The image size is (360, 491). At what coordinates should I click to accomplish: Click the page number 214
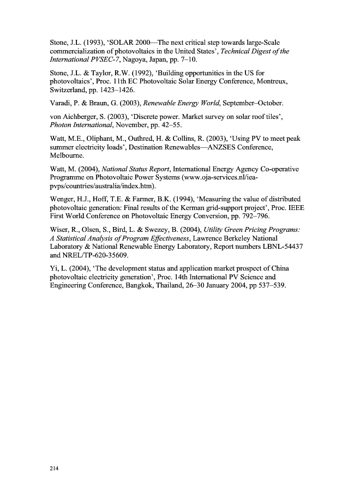[x=54, y=468]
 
